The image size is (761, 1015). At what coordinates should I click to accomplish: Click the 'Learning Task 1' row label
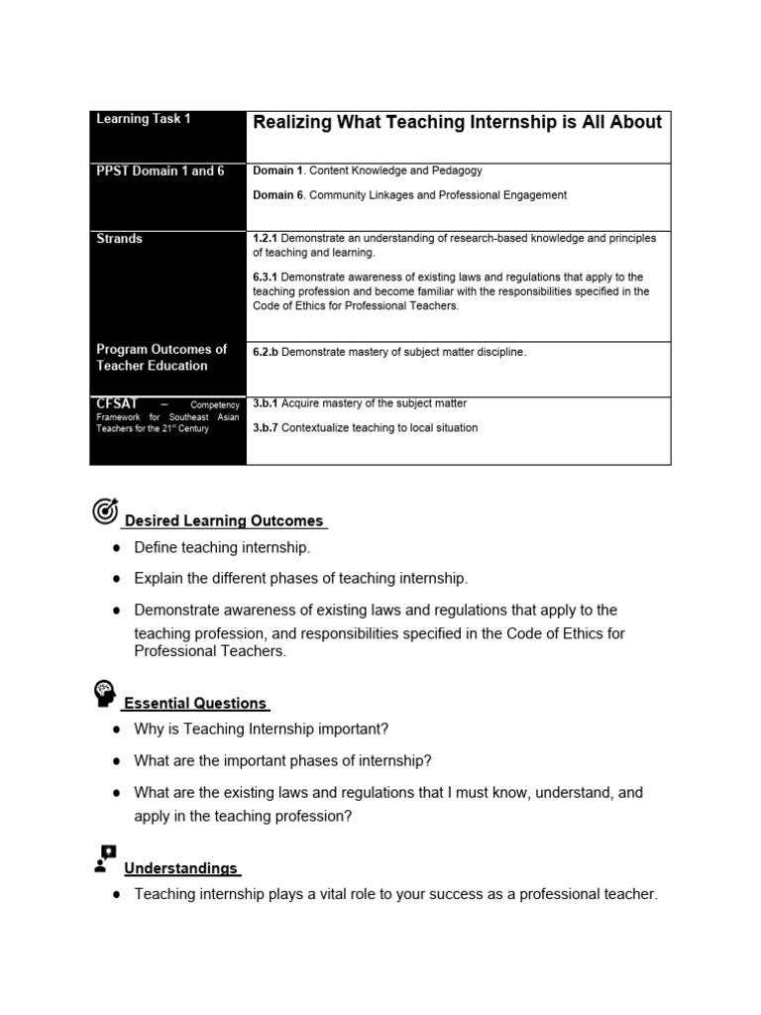(144, 119)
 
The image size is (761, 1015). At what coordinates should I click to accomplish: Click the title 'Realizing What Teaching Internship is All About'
(457, 123)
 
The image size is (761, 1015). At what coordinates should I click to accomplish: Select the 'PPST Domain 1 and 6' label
(161, 171)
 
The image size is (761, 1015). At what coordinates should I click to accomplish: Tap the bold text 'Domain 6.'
(278, 195)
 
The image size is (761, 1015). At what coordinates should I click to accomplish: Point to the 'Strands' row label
(120, 239)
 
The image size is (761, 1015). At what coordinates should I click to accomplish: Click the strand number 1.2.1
(268, 239)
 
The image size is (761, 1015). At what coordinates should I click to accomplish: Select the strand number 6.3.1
(268, 277)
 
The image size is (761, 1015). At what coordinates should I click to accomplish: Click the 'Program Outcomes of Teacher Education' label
(161, 357)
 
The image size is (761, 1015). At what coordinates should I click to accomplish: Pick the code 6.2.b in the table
(269, 352)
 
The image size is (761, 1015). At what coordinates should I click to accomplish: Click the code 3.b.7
(267, 428)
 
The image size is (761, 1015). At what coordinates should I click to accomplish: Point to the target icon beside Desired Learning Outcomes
(105, 511)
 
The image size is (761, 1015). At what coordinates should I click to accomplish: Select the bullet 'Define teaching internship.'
(222, 547)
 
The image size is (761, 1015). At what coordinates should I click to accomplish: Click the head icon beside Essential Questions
(105, 694)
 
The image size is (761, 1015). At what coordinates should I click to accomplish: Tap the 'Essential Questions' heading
(195, 704)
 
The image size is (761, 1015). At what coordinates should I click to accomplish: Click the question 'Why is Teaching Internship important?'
(262, 730)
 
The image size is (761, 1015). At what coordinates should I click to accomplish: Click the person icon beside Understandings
(105, 858)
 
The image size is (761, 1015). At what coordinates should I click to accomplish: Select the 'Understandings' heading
(180, 868)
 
